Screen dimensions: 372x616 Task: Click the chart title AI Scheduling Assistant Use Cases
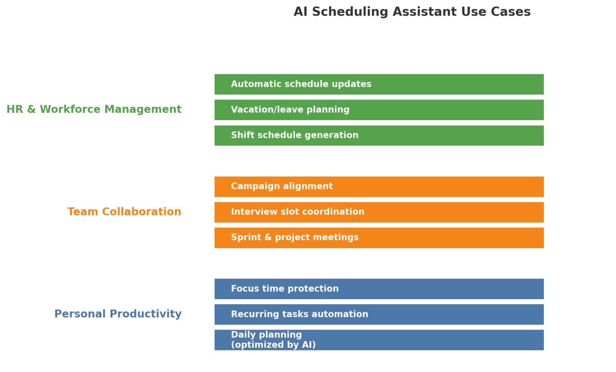point(412,12)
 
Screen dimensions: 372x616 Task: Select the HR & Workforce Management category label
point(94,109)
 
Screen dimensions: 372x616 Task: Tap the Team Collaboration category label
point(124,212)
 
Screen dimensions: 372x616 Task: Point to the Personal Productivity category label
point(118,314)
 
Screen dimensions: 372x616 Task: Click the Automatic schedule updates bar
point(379,84)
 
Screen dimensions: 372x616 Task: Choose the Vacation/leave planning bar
point(379,110)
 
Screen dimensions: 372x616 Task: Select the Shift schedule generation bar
point(379,135)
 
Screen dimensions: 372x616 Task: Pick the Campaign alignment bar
point(379,186)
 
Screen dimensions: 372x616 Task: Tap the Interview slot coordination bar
point(379,212)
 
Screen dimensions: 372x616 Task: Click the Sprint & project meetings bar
point(379,238)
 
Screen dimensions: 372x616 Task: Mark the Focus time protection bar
point(379,289)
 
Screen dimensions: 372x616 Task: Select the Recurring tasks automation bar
point(379,314)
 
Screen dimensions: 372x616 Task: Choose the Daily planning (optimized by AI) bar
point(379,340)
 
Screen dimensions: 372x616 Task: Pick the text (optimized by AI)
point(273,345)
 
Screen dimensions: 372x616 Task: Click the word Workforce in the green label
point(70,109)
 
